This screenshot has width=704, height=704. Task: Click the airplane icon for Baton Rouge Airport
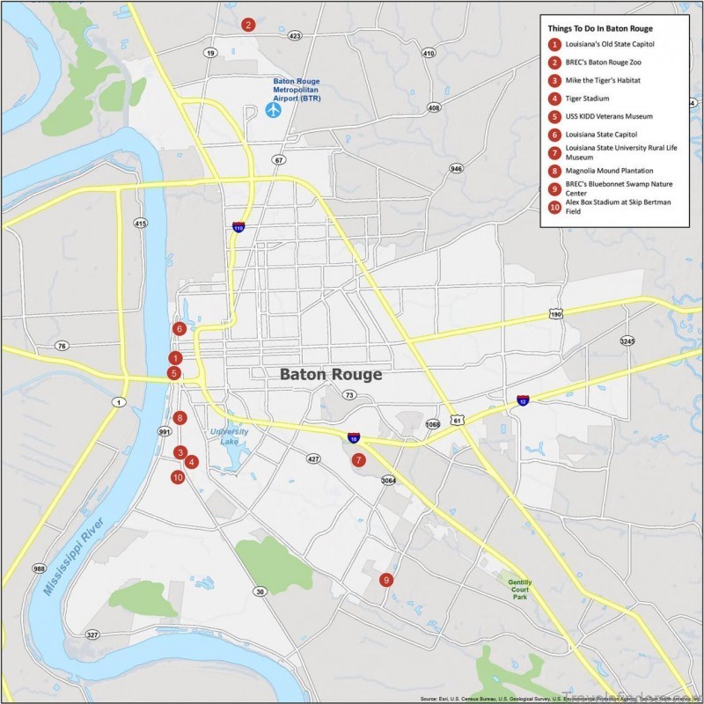(273, 110)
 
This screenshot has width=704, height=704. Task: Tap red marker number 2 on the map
(249, 25)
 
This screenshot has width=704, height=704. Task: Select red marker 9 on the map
(385, 580)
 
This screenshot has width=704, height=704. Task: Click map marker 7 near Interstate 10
(358, 459)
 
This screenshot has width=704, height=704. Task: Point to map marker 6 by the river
(180, 329)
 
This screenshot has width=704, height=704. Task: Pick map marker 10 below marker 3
(178, 478)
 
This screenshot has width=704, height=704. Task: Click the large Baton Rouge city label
(331, 375)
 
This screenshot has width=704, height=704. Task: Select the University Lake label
(230, 436)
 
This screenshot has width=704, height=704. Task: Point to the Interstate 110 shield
(238, 227)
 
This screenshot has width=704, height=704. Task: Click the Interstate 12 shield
(524, 401)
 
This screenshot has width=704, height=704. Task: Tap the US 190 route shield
(555, 314)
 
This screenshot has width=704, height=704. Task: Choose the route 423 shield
(295, 36)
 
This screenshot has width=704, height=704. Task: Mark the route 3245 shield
(627, 341)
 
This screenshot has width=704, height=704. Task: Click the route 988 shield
(39, 569)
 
